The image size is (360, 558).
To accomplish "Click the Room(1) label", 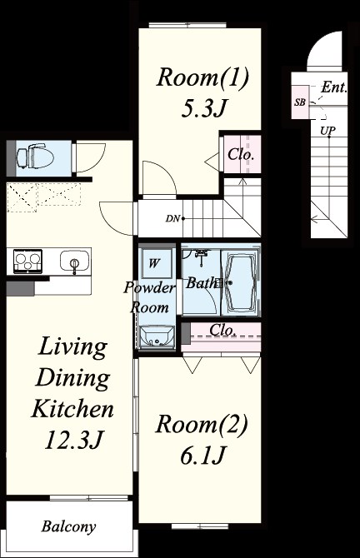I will coord(203,79).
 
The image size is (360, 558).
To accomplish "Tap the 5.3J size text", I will coord(202,109).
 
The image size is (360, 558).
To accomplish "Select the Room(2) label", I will coord(202,426).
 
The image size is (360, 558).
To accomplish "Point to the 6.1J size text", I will coord(202,456).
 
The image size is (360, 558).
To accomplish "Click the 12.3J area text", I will coord(72,439).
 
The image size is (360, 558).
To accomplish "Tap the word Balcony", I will coord(69,526).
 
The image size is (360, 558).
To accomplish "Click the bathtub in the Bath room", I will coord(241,285).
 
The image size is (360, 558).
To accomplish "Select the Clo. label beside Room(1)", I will coord(241,155).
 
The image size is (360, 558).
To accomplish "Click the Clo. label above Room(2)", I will coord(222,331).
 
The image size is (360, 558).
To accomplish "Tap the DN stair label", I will coord(172,219).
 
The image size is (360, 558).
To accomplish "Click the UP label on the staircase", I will coord(328,131).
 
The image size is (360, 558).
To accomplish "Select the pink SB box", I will coord(299,103).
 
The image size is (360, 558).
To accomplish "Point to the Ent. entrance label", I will coord(334,87).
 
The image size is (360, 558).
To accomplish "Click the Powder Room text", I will coord(150,296).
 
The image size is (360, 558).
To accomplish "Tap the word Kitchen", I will coord(72,409).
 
